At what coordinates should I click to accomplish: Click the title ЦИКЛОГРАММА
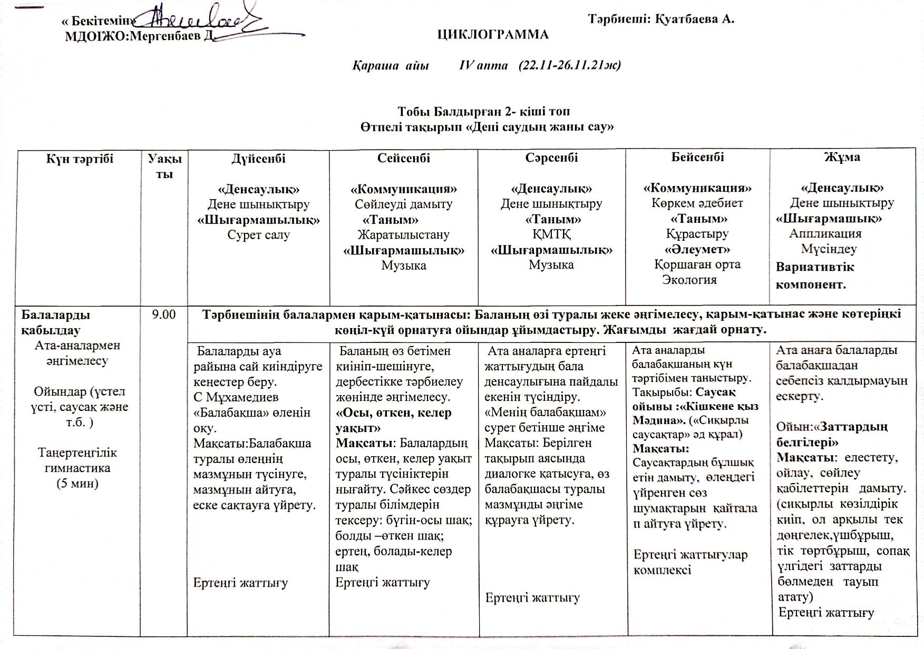coord(493,35)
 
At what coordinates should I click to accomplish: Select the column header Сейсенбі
coord(403,158)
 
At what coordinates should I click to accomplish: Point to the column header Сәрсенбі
coord(551,158)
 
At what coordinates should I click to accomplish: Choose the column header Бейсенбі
coord(697,157)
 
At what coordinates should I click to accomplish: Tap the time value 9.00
coord(163,314)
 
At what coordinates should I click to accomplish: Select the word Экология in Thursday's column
coord(689,280)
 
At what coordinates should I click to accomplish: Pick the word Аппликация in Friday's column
coord(825,233)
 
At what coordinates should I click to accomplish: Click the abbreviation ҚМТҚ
coord(551,234)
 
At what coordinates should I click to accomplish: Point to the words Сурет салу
coord(258,235)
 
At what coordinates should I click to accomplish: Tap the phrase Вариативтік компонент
coord(814,276)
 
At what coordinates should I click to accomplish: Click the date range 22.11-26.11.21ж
coord(569,65)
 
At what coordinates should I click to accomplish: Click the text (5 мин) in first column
coord(77,484)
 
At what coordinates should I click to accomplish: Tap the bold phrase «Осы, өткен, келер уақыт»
coord(394,420)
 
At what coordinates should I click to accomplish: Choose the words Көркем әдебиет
coord(697,203)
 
